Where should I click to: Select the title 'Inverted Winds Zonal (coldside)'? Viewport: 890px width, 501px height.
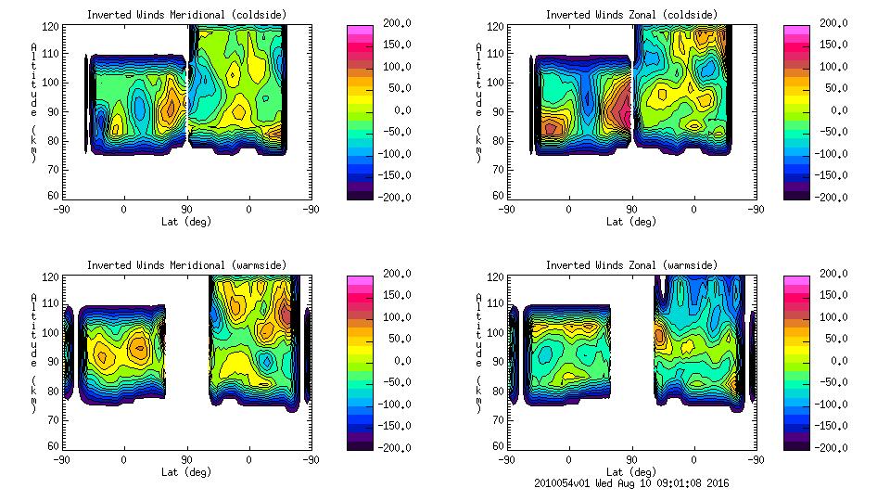coord(631,15)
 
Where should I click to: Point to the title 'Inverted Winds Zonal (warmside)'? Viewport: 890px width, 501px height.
coord(631,265)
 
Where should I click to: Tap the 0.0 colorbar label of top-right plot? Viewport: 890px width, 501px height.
coord(837,110)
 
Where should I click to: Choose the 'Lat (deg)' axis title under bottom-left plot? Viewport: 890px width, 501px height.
coord(186,472)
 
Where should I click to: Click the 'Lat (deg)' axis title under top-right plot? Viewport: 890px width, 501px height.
coord(631,222)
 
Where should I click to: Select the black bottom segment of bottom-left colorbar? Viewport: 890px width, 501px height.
coord(360,443)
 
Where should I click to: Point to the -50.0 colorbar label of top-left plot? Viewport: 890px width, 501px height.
coord(395,132)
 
